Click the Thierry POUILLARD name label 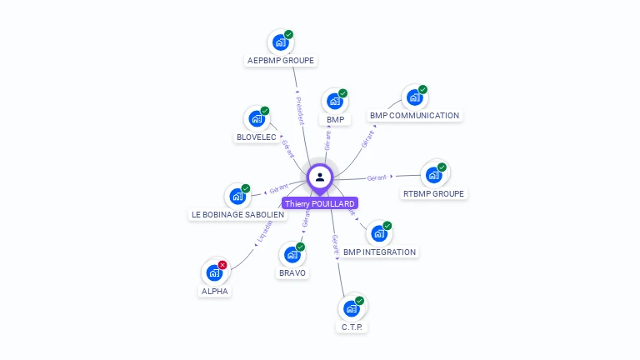[x=320, y=203]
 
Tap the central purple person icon [x=320, y=177]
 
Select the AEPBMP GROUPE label [x=282, y=61]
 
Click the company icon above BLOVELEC [x=256, y=117]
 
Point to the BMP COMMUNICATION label [x=414, y=116]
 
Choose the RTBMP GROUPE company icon [x=433, y=174]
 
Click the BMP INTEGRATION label [x=379, y=252]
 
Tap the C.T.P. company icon [x=352, y=307]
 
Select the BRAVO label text [x=292, y=273]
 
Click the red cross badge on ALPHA [x=222, y=265]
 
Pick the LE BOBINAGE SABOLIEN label [x=237, y=215]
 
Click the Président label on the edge [x=300, y=110]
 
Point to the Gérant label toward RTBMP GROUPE [x=377, y=177]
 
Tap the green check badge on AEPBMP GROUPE [x=288, y=35]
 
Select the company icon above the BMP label [x=335, y=101]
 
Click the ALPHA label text [x=215, y=292]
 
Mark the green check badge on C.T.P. [x=359, y=300]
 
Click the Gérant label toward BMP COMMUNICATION [x=367, y=138]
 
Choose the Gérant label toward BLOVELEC [x=288, y=148]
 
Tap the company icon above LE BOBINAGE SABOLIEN [x=237, y=197]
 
